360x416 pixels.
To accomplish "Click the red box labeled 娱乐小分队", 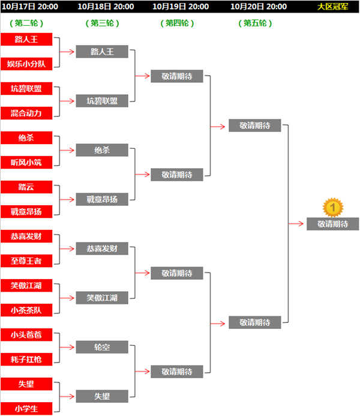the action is click(x=26, y=64).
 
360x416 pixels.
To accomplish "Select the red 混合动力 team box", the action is click(x=26, y=113).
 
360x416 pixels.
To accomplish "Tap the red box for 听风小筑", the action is click(x=26, y=162).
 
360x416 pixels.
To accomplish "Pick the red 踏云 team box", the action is click(x=26, y=187).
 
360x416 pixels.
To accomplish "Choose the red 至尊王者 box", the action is click(x=26, y=261).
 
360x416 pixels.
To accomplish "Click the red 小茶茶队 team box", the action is click(x=26, y=310).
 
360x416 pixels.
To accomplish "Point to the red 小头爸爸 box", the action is click(x=26, y=335).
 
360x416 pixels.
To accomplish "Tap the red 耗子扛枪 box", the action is click(x=26, y=359).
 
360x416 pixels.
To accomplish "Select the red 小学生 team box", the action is click(x=26, y=409).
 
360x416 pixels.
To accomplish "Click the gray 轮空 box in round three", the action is click(x=102, y=347).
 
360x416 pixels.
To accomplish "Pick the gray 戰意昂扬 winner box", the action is click(x=102, y=199).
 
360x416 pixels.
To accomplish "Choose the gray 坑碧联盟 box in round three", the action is click(x=102, y=101).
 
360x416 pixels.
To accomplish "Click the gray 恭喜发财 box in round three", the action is click(x=102, y=249).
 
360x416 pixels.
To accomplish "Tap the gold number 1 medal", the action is click(x=333, y=208).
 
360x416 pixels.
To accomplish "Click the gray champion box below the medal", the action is click(x=332, y=224).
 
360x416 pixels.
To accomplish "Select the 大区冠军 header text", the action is click(x=332, y=7).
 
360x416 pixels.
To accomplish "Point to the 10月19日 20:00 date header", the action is click(x=181, y=7).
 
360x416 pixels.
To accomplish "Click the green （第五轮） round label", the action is click(x=255, y=23).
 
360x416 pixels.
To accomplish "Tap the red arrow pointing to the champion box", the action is click(x=296, y=224).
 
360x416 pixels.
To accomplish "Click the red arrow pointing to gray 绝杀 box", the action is click(x=67, y=150).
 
